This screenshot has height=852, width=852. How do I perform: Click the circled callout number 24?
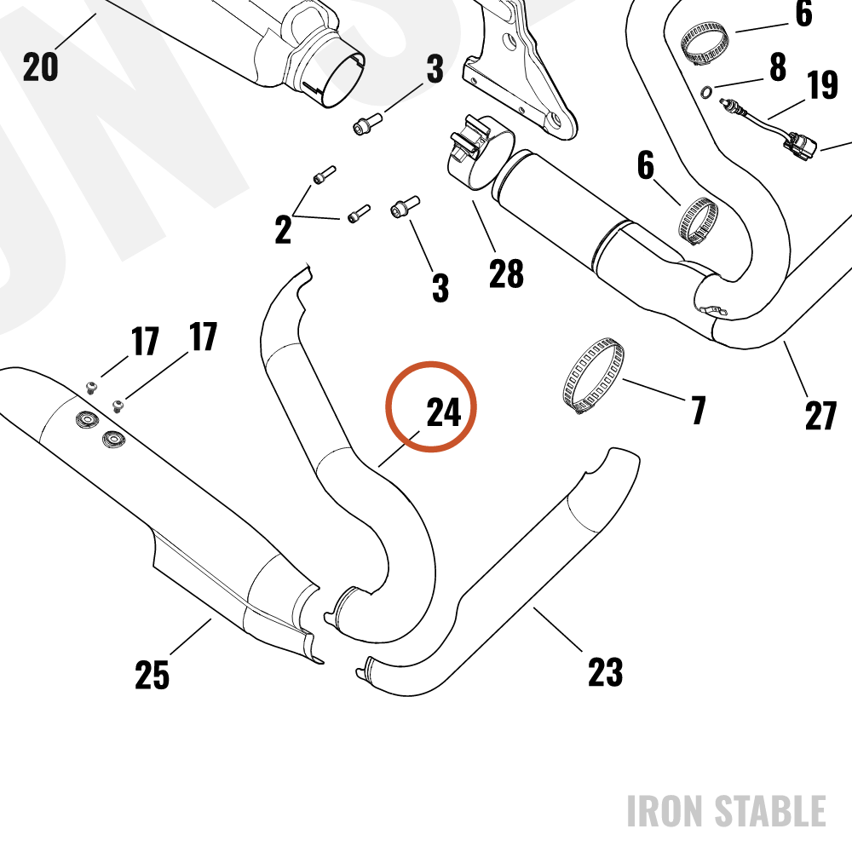443,412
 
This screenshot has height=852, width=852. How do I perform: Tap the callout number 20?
40,66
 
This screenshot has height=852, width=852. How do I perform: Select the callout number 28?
506,273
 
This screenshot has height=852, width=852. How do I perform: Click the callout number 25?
153,675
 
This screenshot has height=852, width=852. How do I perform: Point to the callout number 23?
605,671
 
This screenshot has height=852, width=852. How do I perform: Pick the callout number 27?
820,416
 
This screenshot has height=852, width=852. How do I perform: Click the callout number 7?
699,410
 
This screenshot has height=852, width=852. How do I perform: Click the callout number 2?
283,229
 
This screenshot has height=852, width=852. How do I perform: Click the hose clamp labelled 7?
593,376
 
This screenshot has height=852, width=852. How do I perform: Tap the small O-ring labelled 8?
705,93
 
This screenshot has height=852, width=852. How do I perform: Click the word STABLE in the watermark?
770,811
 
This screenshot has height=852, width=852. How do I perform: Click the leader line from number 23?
558,630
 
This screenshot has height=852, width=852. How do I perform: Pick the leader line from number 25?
190,636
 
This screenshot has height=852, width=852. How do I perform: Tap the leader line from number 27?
796,369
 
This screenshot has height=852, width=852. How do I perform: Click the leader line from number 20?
75,32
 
